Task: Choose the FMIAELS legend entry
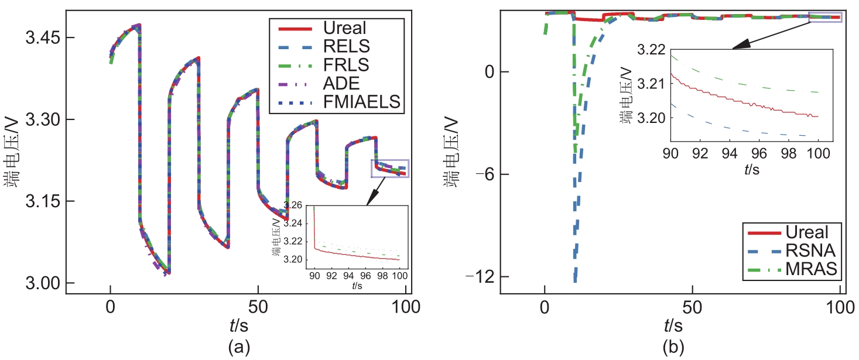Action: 361,102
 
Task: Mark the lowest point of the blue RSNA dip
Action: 575,282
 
